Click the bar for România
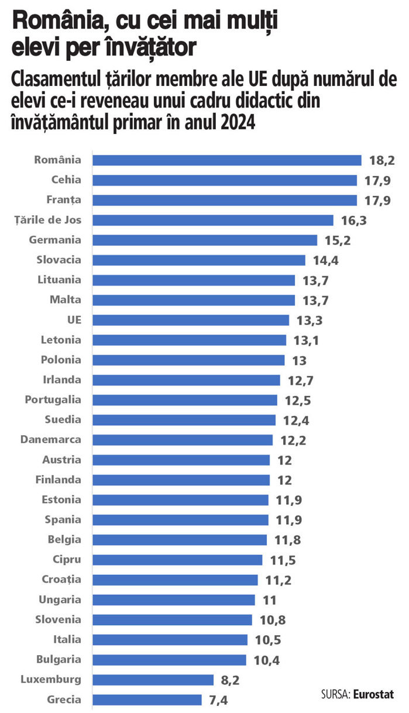(x=227, y=160)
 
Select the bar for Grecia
(x=147, y=700)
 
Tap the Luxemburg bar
(x=153, y=680)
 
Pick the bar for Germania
(x=205, y=240)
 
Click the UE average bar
(x=191, y=320)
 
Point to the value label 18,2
(x=382, y=161)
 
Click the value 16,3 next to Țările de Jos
(x=354, y=221)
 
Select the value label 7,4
(x=218, y=700)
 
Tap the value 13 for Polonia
(x=300, y=361)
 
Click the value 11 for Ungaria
(x=270, y=600)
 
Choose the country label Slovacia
(x=59, y=260)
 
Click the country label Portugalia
(x=53, y=400)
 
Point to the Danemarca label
(x=51, y=440)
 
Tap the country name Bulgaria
(x=59, y=660)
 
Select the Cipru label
(x=67, y=560)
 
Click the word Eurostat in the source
(x=374, y=694)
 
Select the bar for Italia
(x=170, y=640)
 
